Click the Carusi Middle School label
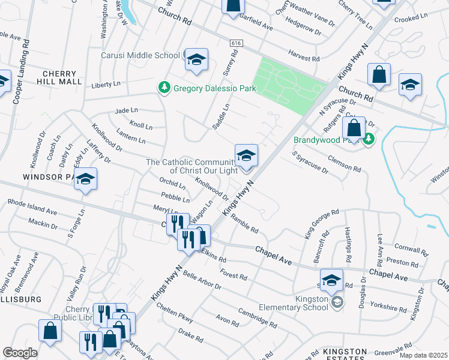140,55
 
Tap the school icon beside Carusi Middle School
196,60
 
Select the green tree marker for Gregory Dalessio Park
163,88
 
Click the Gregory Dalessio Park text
214,89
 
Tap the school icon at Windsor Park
86,179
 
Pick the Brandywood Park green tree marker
369,140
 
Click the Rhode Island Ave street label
33,208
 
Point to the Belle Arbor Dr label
202,279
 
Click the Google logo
20,353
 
